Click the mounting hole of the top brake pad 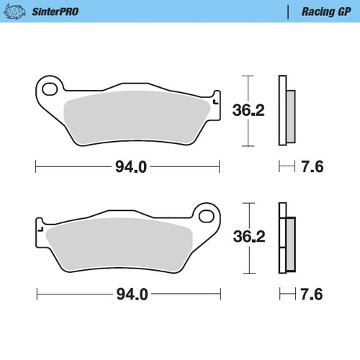point(51,89)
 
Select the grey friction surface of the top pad point(137,115)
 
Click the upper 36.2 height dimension point(245,109)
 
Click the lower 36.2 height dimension point(245,237)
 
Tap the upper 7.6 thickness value point(312,167)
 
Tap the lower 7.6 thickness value point(312,294)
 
